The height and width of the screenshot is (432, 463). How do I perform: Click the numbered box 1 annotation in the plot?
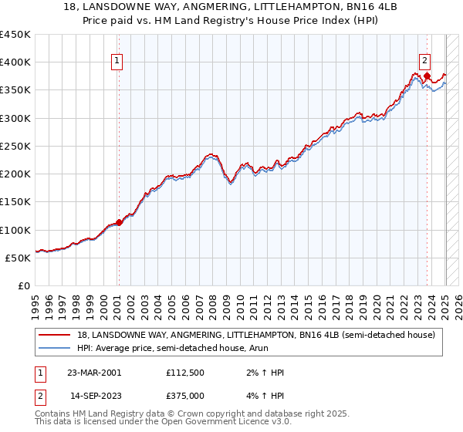click(x=117, y=62)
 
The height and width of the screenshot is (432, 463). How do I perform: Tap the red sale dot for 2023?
click(x=427, y=76)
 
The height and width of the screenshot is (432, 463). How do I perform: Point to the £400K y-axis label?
click(x=15, y=62)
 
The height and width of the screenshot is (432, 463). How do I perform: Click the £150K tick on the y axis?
click(x=15, y=202)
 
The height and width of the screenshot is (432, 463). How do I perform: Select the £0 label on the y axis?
click(x=24, y=286)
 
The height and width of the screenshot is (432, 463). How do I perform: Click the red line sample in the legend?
click(x=55, y=335)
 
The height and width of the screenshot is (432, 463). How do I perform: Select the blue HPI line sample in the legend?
click(x=55, y=348)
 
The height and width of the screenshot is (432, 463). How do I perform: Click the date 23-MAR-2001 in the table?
click(x=94, y=373)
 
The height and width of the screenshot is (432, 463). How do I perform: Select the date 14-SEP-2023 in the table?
click(x=94, y=396)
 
